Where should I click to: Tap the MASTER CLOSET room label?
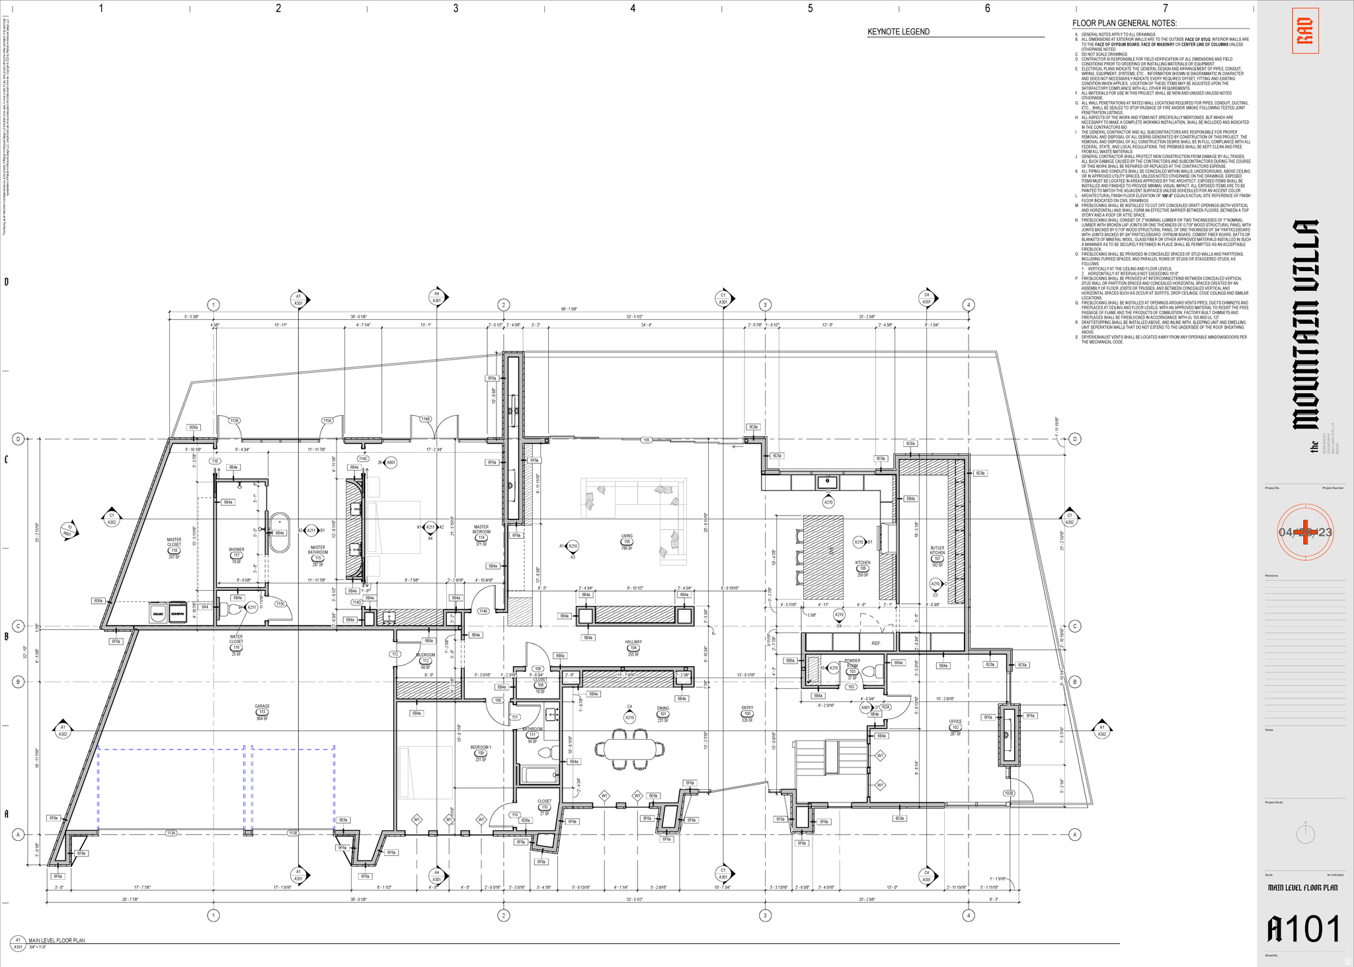pyautogui.click(x=174, y=545)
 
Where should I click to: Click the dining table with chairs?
pyautogui.click(x=629, y=749)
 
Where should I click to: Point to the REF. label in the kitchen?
pyautogui.click(x=876, y=643)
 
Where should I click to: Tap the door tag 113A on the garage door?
pyautogui.click(x=171, y=833)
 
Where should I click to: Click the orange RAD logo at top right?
pyautogui.click(x=1305, y=30)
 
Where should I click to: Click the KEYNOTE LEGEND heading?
pyautogui.click(x=898, y=32)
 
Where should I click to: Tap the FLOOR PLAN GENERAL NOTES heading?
pyautogui.click(x=1124, y=23)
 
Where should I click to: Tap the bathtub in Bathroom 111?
pyautogui.click(x=540, y=775)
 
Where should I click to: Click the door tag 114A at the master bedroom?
pyautogui.click(x=483, y=611)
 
